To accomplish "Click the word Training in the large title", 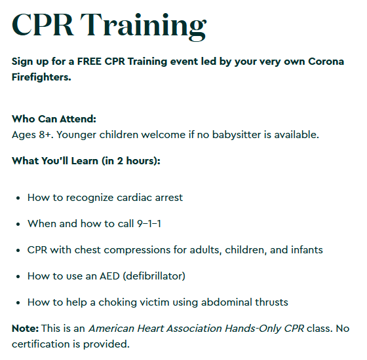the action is pyautogui.click(x=144, y=26).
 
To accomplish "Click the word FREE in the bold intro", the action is pyautogui.click(x=89, y=62).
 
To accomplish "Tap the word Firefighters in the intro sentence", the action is pyautogui.click(x=41, y=77).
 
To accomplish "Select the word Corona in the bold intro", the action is pyautogui.click(x=326, y=62).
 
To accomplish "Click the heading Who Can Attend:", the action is pyautogui.click(x=54, y=118).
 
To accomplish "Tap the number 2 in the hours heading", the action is pyautogui.click(x=120, y=161).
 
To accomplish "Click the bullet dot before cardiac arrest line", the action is pyautogui.click(x=18, y=198).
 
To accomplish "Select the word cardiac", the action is pyautogui.click(x=134, y=198).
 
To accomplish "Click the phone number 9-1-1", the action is pyautogui.click(x=149, y=224).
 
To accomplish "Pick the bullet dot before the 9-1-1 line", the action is pyautogui.click(x=18, y=224).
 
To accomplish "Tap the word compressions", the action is pyautogui.click(x=137, y=250).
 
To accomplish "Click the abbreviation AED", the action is pyautogui.click(x=110, y=276).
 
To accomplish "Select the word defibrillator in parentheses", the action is pyautogui.click(x=154, y=276).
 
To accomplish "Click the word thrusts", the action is pyautogui.click(x=271, y=302).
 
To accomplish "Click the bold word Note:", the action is pyautogui.click(x=26, y=329).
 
